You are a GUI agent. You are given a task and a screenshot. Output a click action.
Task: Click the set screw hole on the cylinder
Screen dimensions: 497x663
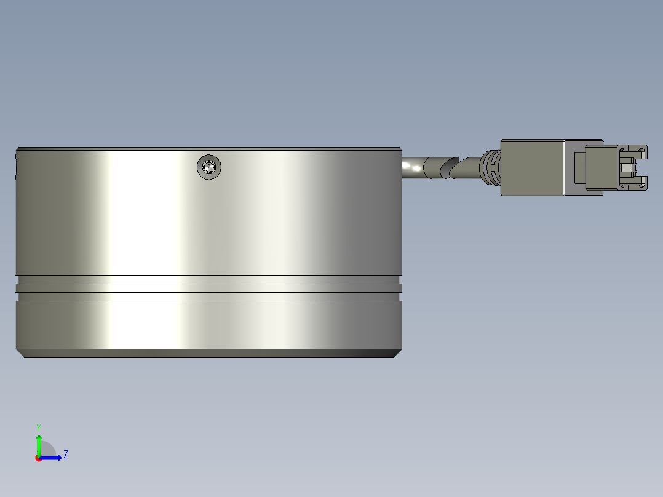[x=209, y=167]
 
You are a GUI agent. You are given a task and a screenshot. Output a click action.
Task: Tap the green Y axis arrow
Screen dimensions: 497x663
[x=39, y=443]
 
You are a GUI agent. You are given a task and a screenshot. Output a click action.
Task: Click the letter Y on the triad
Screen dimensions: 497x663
[x=39, y=427]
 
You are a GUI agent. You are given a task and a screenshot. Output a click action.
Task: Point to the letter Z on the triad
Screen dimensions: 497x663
[x=65, y=455]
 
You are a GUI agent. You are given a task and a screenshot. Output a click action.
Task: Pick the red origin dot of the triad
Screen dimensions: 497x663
[x=38, y=458]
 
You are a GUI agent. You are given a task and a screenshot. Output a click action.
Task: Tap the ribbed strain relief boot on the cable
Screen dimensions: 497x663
[x=490, y=167]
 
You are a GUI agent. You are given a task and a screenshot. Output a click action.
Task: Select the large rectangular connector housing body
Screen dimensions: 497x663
[x=532, y=167]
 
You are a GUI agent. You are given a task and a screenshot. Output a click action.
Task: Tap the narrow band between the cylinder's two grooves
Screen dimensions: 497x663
[x=209, y=288]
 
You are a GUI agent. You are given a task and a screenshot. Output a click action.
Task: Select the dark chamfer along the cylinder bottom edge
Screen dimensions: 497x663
[x=209, y=353]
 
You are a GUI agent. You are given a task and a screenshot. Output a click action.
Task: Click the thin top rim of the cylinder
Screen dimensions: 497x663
[x=209, y=149]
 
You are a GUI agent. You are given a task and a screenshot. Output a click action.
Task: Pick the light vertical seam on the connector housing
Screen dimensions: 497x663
[x=565, y=167]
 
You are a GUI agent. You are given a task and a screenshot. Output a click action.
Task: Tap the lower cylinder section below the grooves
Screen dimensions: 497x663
[x=209, y=325]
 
